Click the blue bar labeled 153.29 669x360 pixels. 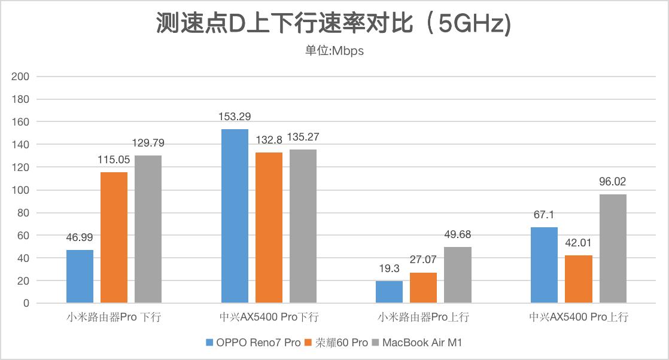click(235, 216)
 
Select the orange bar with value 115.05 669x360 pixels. click(114, 237)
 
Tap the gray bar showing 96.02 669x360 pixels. click(613, 248)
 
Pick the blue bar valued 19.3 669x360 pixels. click(389, 292)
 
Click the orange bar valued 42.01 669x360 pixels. click(579, 279)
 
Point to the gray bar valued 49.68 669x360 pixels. click(457, 274)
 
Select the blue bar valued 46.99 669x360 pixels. click(80, 276)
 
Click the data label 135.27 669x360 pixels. click(303, 137)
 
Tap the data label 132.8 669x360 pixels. click(269, 140)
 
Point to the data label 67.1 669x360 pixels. click(544, 215)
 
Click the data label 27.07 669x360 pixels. click(423, 260)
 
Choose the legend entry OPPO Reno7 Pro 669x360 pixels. click(253, 343)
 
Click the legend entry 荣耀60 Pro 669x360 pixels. click(336, 343)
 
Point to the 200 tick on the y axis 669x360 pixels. click(20, 77)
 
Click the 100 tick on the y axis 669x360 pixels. click(20, 190)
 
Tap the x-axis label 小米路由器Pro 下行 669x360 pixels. click(114, 317)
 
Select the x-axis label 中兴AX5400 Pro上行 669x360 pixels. click(579, 317)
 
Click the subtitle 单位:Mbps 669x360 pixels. click(334, 51)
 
